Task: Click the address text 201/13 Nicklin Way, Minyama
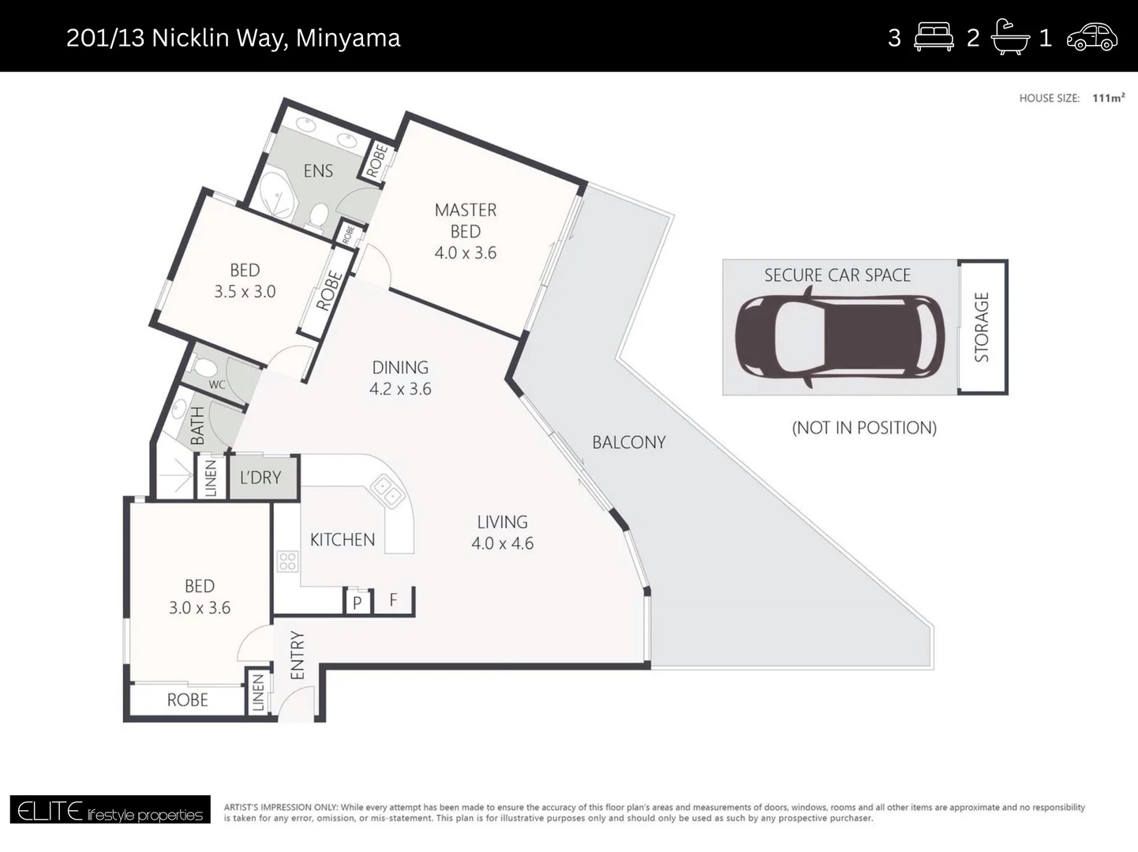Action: (233, 38)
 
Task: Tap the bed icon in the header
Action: (934, 37)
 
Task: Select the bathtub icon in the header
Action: (1010, 37)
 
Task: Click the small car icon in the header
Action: (1092, 37)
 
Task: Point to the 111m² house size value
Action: (1108, 98)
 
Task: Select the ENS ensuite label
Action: (318, 171)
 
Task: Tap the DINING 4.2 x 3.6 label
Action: (400, 378)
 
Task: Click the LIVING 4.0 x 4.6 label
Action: (502, 532)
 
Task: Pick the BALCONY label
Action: (629, 443)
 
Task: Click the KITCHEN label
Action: (343, 540)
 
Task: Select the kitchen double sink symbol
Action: (387, 491)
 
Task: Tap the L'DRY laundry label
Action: (260, 478)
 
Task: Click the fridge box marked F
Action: (393, 601)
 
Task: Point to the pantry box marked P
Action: (357, 603)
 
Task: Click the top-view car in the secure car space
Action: (839, 336)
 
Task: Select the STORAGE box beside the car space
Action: (982, 327)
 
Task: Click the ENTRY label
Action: (298, 655)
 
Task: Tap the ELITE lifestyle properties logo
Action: (110, 810)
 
